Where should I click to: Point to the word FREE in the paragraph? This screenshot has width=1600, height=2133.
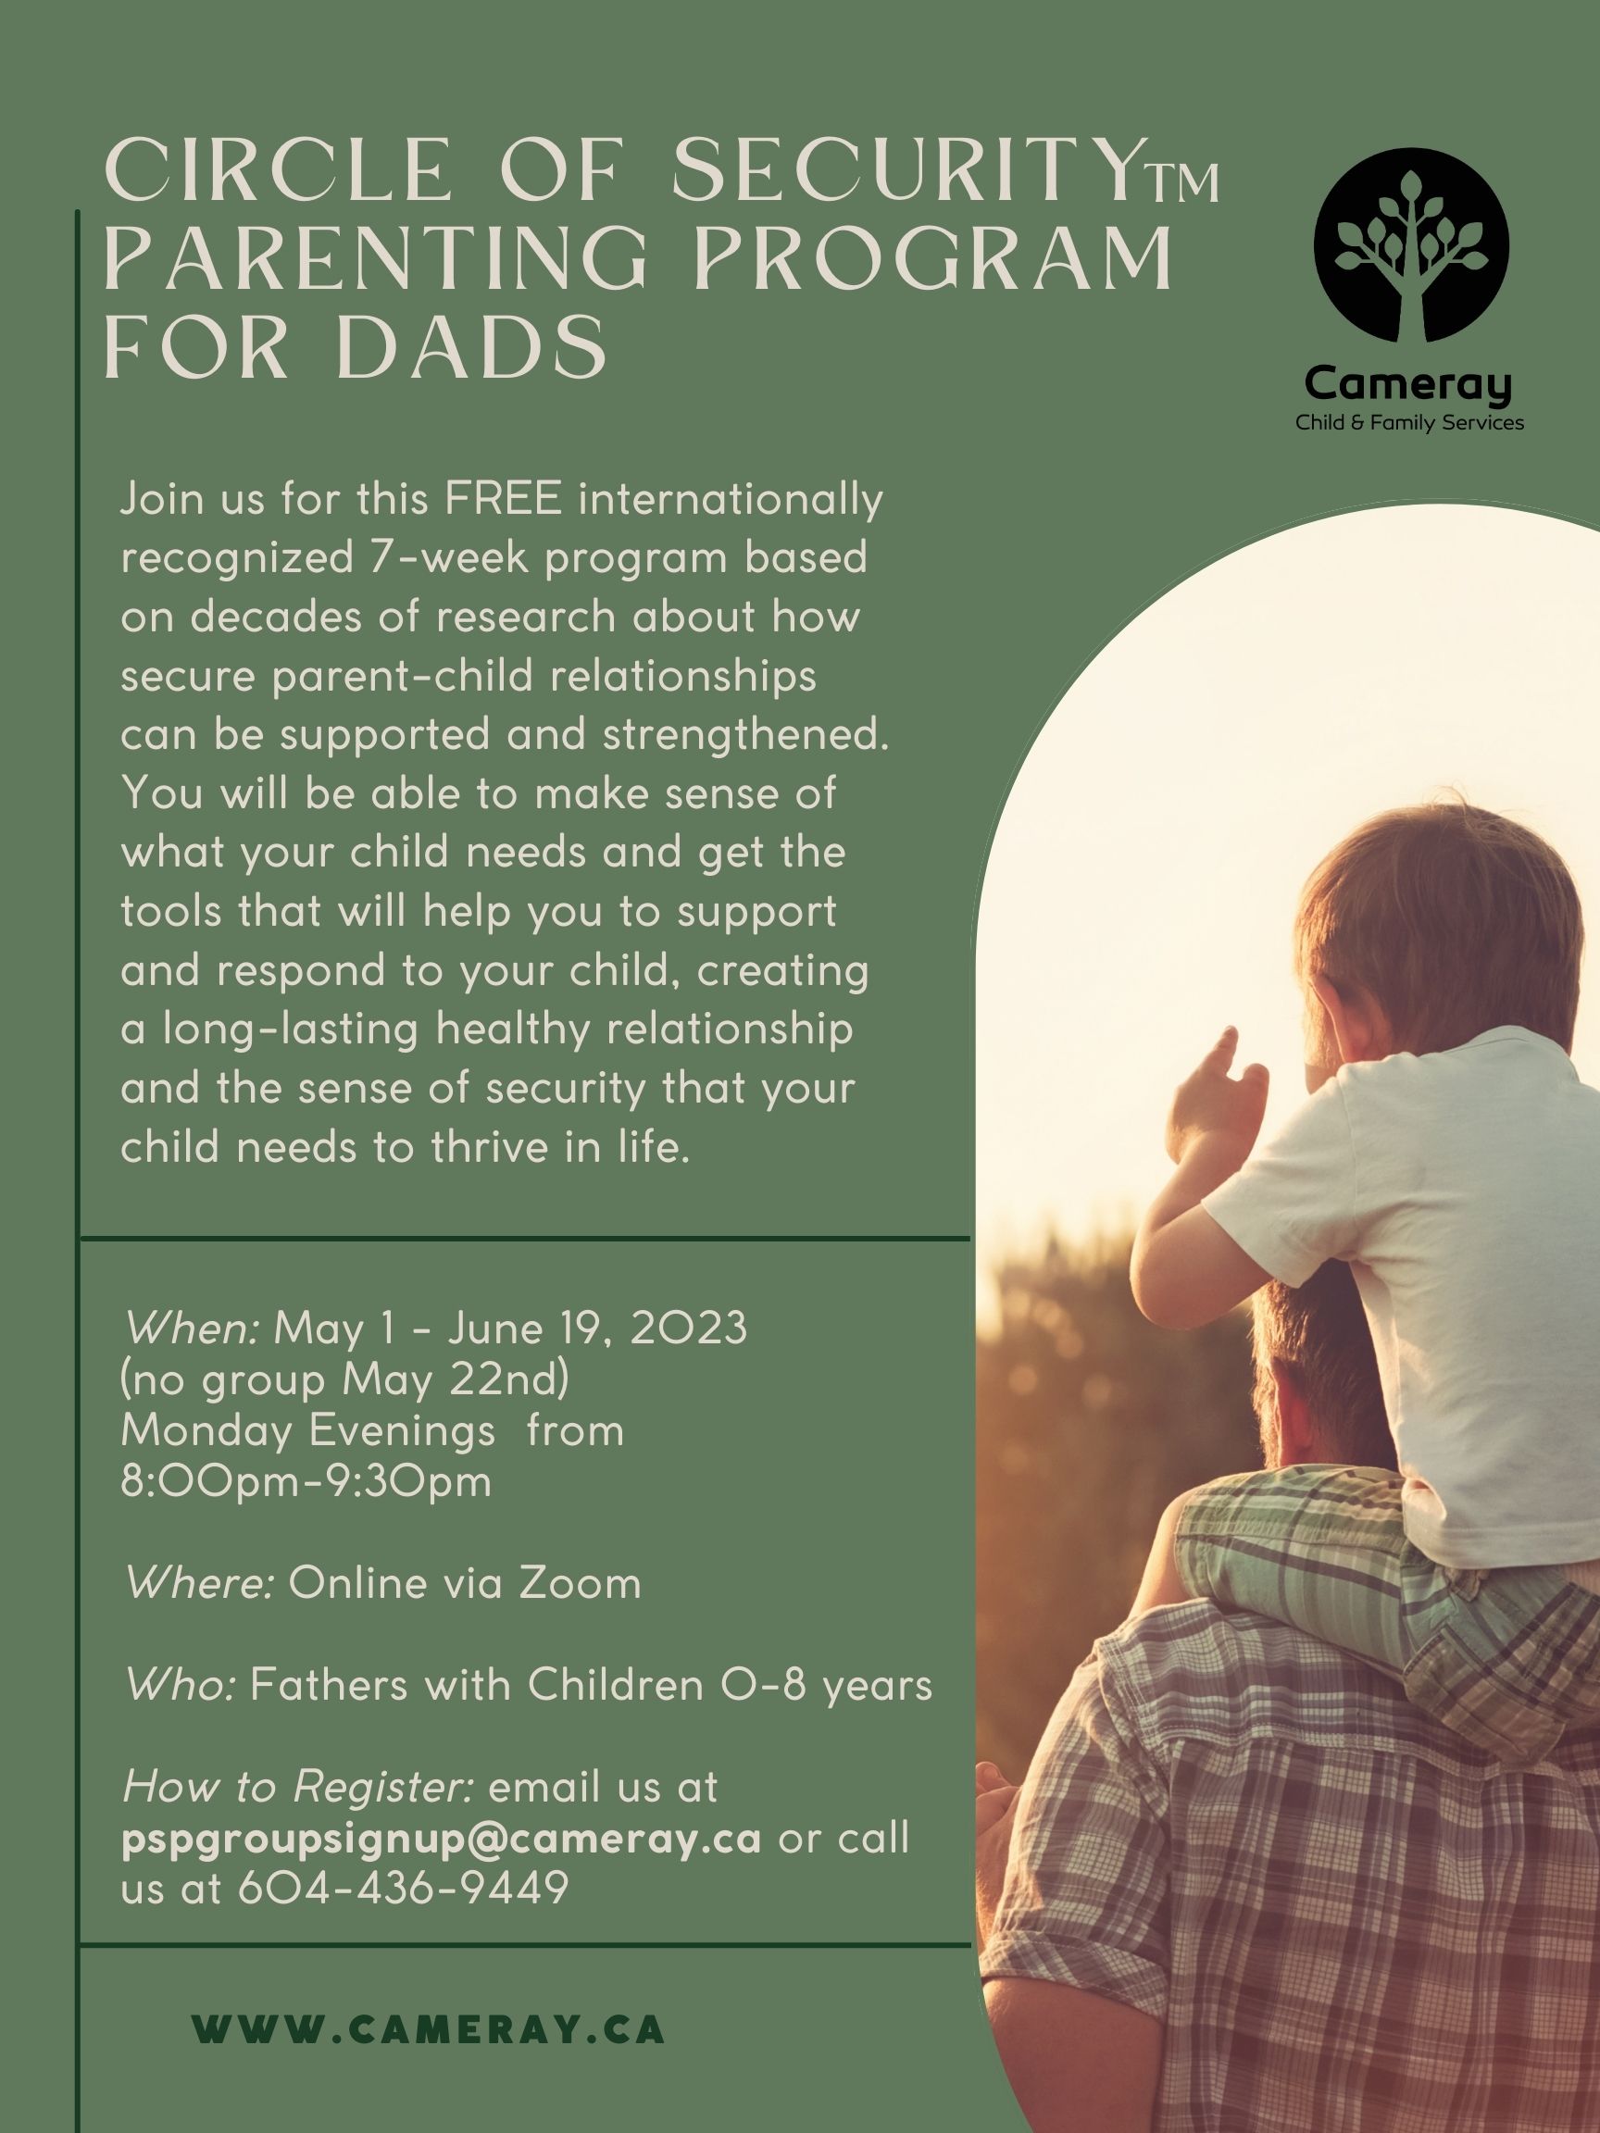coord(504,500)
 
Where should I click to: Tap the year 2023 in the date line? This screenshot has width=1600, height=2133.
coord(689,1329)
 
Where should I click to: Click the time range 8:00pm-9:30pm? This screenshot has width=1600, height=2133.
coord(306,1481)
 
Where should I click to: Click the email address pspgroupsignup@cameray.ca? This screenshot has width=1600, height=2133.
coord(442,1839)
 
